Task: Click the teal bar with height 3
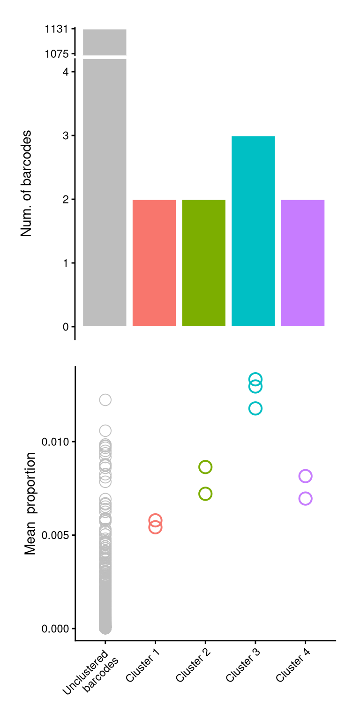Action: tap(253, 231)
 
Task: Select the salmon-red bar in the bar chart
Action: tap(154, 262)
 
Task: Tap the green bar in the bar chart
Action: tap(203, 262)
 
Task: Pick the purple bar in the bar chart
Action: tap(303, 262)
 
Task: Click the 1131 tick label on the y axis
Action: tap(57, 29)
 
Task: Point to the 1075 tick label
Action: tap(57, 54)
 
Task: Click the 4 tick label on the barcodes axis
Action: tap(66, 72)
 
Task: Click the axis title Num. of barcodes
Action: tap(27, 183)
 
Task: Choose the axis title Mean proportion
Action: tap(30, 503)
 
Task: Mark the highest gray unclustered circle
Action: tap(105, 400)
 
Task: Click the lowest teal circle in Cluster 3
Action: tap(255, 408)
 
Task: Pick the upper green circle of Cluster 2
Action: tap(205, 467)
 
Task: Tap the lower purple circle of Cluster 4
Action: tap(305, 498)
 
